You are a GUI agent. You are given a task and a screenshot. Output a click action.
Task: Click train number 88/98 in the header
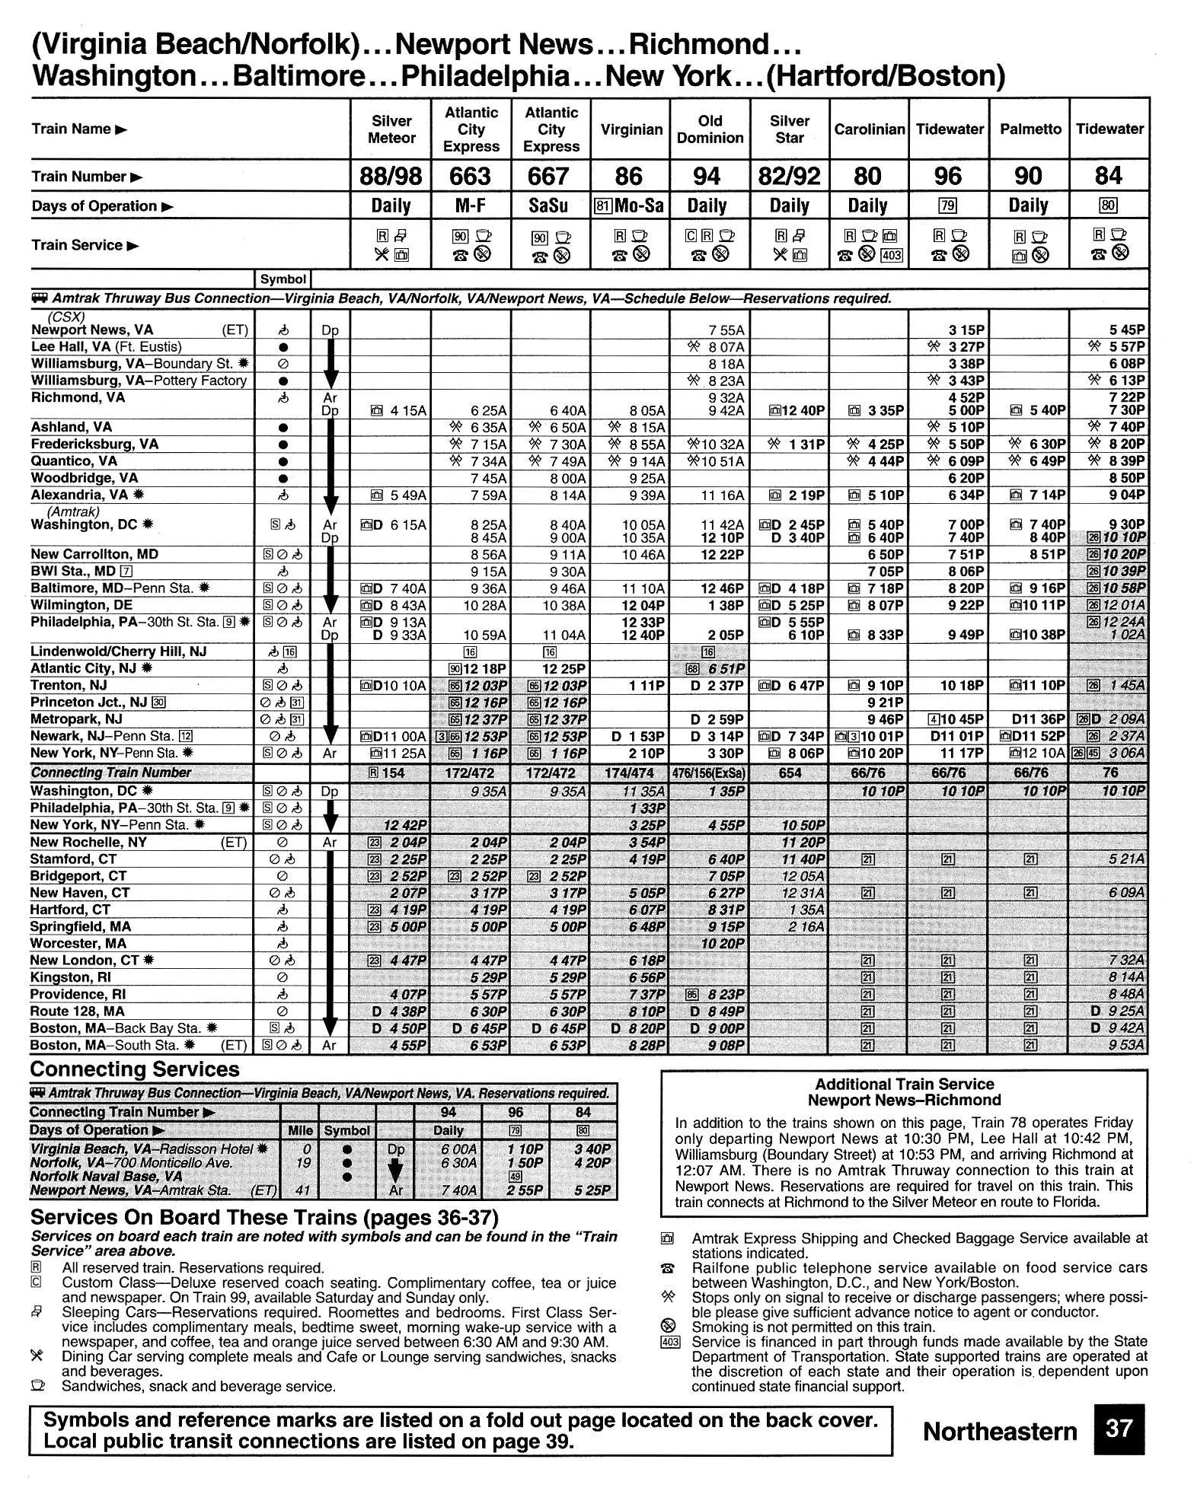[391, 177]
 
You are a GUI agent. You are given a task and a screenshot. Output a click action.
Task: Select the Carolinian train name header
[869, 129]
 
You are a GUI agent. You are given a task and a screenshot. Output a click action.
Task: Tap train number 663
[470, 177]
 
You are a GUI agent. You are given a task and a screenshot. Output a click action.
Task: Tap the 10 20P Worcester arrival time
[723, 943]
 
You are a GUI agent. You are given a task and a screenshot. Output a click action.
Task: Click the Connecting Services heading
[135, 1069]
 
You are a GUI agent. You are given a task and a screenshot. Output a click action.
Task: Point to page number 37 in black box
[1119, 1428]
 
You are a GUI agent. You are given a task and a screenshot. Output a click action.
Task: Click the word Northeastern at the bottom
[1000, 1432]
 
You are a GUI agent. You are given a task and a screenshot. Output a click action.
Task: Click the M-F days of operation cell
[471, 206]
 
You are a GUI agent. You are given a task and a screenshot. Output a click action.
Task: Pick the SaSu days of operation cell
[550, 206]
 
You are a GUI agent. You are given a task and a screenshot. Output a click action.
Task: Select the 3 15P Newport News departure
[967, 330]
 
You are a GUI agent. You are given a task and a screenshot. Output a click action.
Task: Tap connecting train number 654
[790, 773]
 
